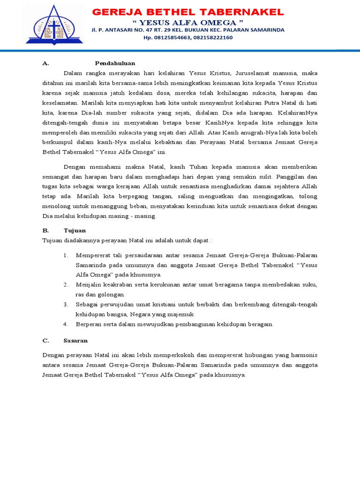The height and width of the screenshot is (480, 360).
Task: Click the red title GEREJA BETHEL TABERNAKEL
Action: pos(187,11)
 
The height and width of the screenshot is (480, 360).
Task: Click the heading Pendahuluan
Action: pos(115,63)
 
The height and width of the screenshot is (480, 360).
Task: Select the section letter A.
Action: pos(45,63)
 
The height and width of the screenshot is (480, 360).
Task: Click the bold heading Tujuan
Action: pos(75,231)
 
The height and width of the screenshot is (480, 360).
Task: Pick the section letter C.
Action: pos(45,340)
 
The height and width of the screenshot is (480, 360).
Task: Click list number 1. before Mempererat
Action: pos(66,255)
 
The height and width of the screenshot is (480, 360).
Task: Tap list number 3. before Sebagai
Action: pos(66,305)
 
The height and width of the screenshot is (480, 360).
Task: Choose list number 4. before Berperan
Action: pos(66,324)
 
